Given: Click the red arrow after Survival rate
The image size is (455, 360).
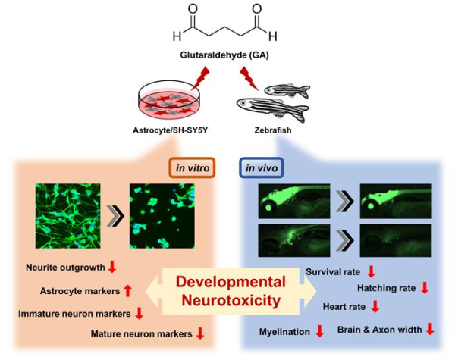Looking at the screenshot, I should click(371, 271).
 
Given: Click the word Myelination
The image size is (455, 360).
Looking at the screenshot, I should click(284, 330).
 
